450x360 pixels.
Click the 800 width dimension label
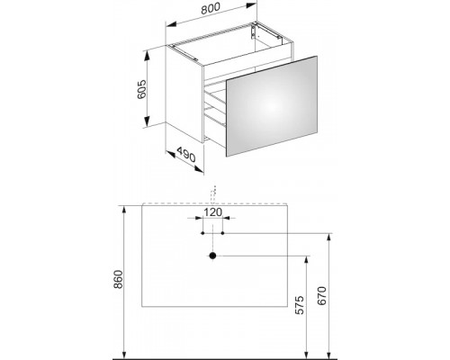pos(211,8)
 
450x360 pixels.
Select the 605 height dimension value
pos(141,89)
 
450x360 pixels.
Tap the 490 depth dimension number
pos(186,154)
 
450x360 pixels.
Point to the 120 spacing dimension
pos(212,212)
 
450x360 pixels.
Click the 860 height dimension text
pos(119,279)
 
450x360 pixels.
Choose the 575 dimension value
pos(300,305)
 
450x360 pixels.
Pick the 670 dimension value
pos(321,295)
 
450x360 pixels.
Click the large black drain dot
pos(212,256)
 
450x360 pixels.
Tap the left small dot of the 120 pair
pos(202,233)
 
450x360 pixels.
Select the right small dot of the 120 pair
pos(222,233)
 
